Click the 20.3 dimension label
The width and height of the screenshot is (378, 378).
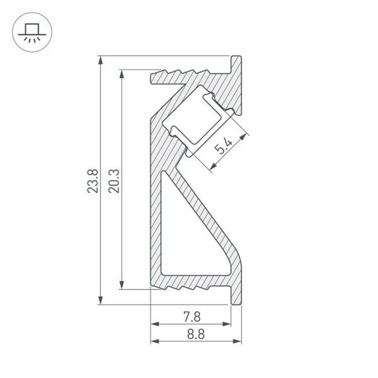coord(114,180)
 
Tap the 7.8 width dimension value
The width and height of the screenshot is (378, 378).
coord(191,317)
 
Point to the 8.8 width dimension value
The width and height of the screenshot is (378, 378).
coord(191,334)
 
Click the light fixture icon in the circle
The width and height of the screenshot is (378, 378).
coord(30,30)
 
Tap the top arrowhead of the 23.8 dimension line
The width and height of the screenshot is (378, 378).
coord(100,59)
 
